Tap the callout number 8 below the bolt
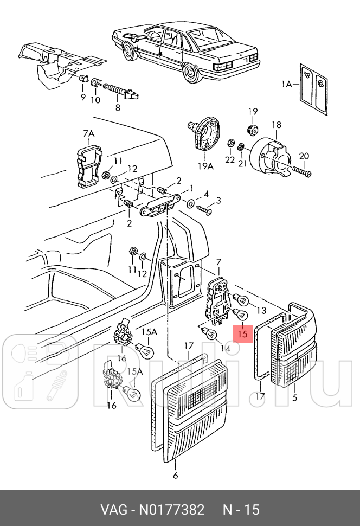coord(117,107)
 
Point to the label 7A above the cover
coord(88,134)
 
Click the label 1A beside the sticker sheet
coord(286,84)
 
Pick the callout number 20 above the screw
coord(304,156)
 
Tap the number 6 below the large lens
coord(175,476)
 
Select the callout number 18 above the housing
coord(277,125)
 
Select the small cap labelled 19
coord(252,129)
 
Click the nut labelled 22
coord(230,144)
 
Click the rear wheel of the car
coord(191,72)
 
